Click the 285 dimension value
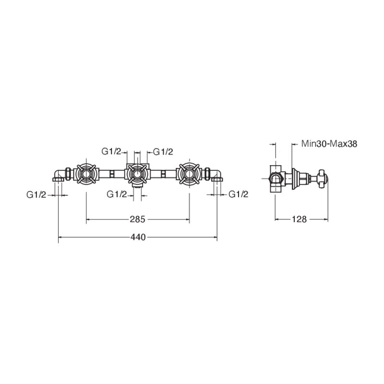[x=137, y=219]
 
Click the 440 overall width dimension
[x=138, y=237]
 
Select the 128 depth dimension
[x=299, y=219]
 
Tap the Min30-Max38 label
[x=329, y=144]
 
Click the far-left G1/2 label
[x=36, y=195]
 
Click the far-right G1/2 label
[x=238, y=194]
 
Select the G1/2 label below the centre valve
[x=117, y=194]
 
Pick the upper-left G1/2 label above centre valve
[x=111, y=152]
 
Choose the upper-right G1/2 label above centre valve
[x=163, y=152]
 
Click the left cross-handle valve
[x=86, y=174]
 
